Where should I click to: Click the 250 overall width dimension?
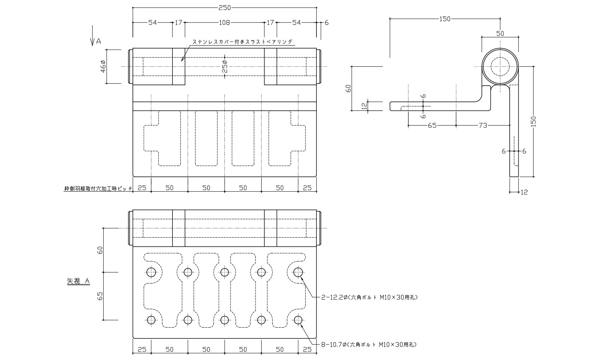224,8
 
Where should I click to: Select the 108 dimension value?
224,23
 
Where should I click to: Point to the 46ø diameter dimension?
102,66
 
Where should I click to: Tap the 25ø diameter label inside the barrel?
225,66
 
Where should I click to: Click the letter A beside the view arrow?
98,41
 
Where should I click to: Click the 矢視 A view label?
78,282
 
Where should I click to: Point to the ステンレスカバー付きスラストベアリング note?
243,42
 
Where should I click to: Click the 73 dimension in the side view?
483,126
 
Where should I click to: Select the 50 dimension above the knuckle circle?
500,34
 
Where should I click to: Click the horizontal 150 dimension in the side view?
445,19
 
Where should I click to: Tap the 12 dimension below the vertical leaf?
524,192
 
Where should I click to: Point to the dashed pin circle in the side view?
500,66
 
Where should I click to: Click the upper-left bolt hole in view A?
151,272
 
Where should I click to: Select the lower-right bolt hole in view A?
298,320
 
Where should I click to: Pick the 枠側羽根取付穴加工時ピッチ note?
98,188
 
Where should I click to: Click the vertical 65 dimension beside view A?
100,296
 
